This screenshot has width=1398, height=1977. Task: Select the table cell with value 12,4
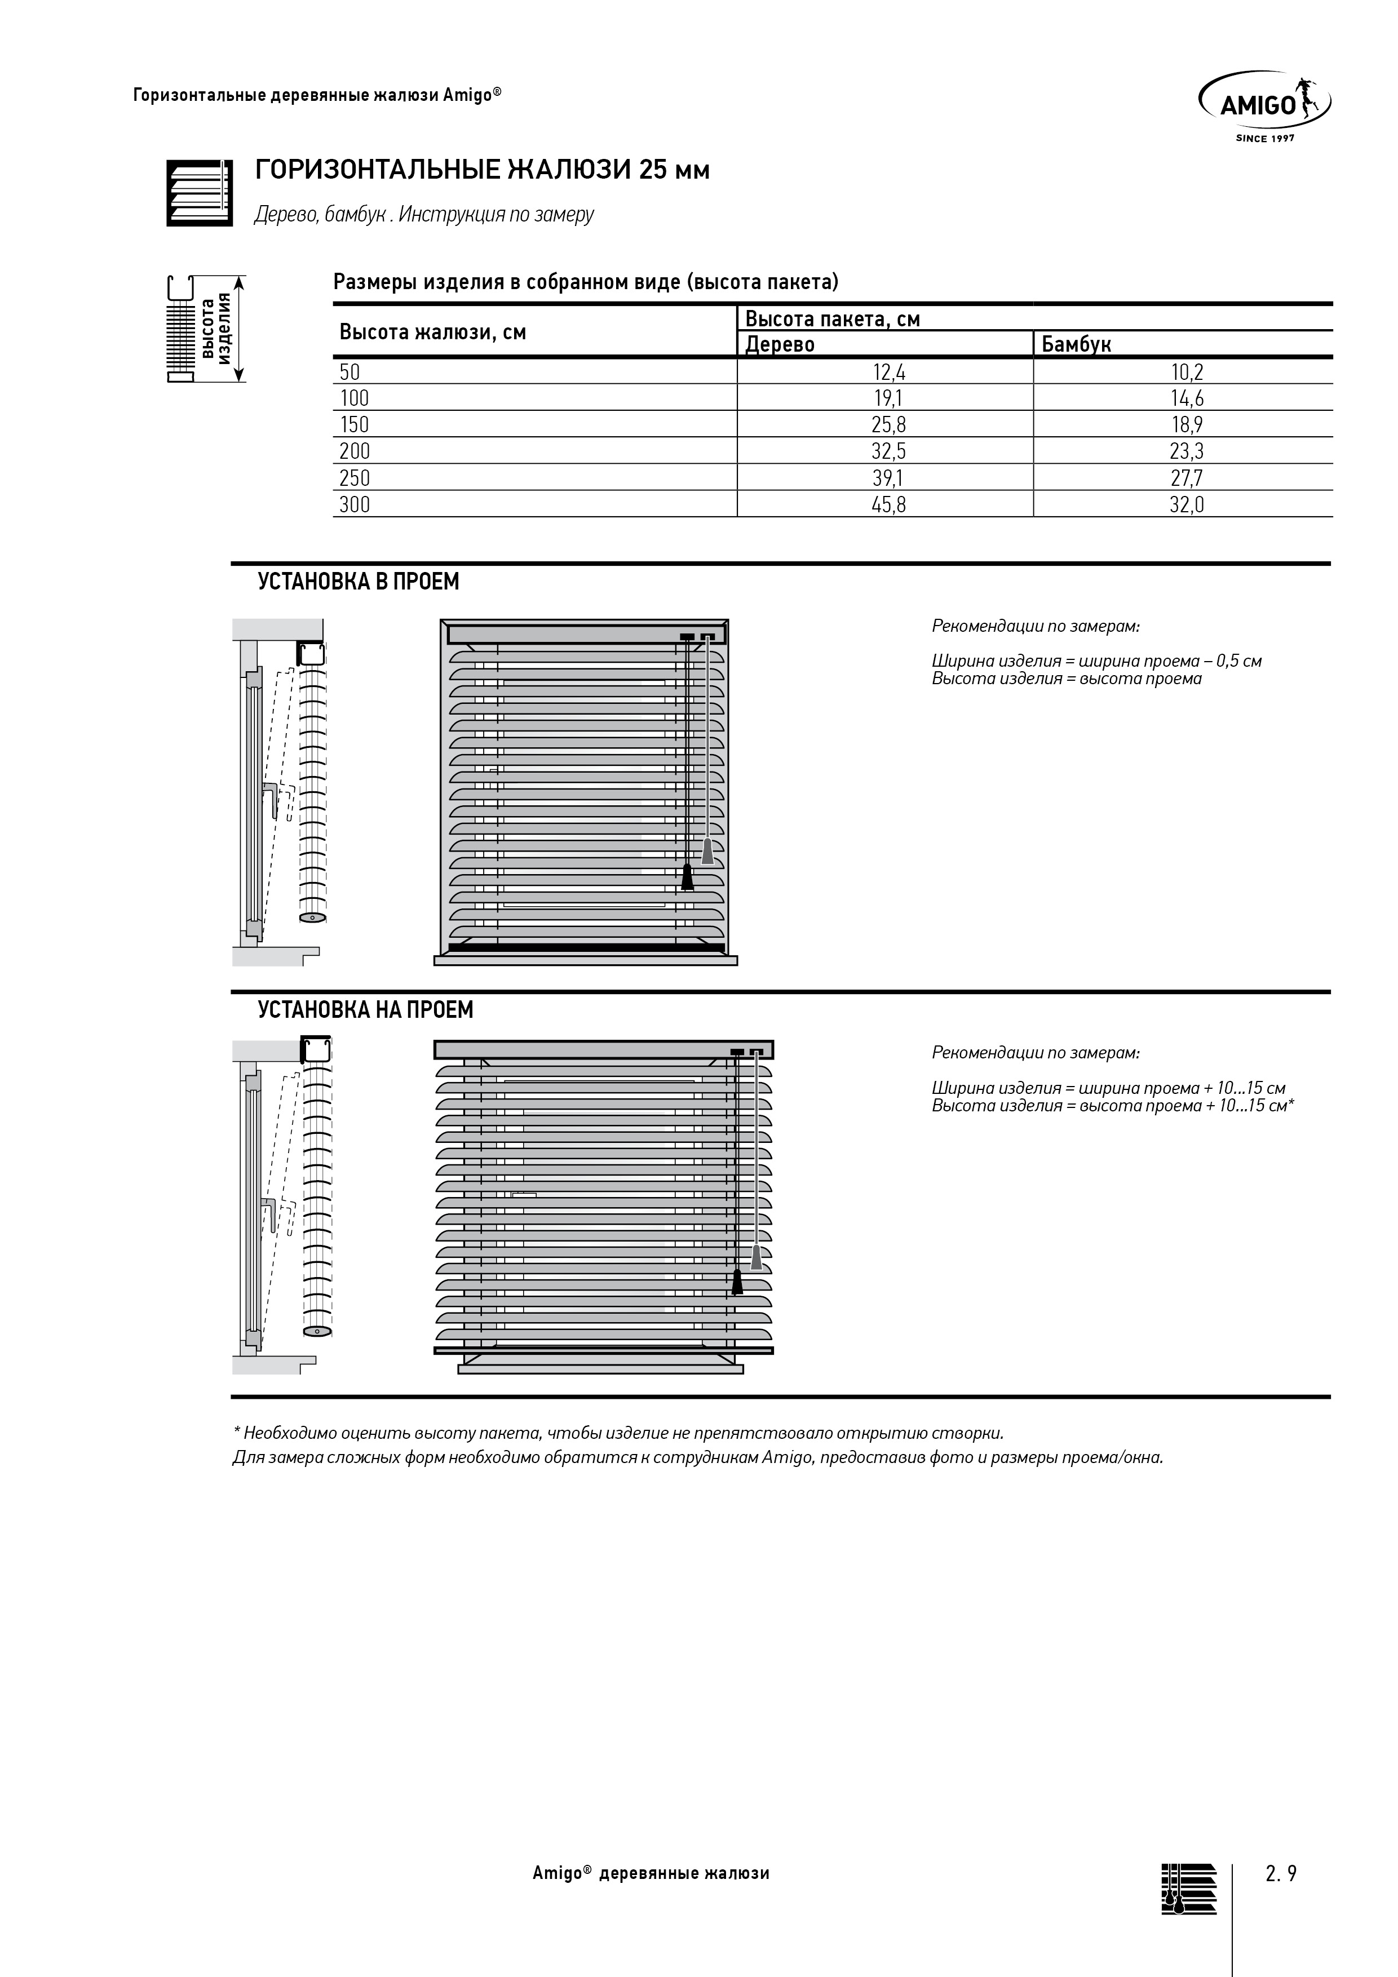(x=889, y=372)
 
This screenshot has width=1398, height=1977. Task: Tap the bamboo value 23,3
(x=1186, y=451)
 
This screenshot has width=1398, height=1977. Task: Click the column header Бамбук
(x=1076, y=344)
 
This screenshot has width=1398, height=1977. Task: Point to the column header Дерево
(x=780, y=344)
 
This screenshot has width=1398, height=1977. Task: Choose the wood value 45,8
(x=889, y=504)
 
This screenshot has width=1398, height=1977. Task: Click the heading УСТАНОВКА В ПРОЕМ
(x=359, y=582)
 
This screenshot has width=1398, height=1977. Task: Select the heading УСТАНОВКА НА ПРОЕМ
(x=365, y=1009)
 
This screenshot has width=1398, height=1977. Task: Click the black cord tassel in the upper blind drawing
(x=687, y=877)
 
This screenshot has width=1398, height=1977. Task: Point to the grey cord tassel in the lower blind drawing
(x=756, y=1257)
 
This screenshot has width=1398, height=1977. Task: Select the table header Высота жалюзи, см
(x=432, y=333)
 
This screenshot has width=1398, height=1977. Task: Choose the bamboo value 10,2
(x=1186, y=372)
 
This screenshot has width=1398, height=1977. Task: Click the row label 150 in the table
(x=354, y=424)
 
